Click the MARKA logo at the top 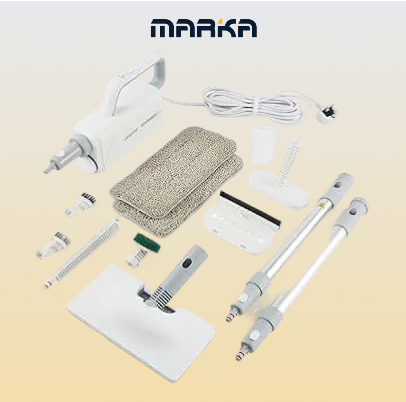point(204,28)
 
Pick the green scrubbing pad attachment point(147,243)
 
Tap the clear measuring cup point(263,145)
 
